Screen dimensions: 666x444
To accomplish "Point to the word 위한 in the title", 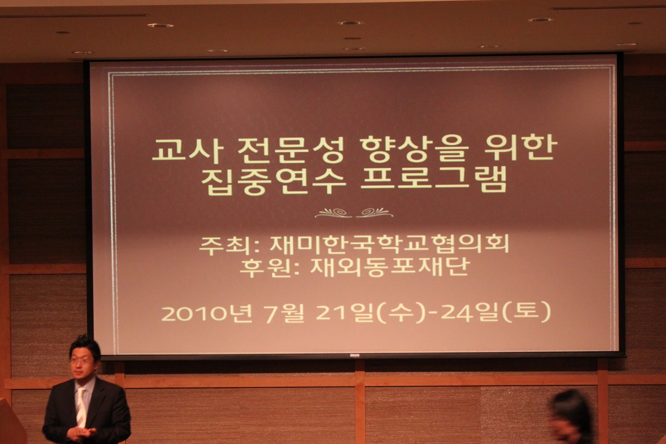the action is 521,149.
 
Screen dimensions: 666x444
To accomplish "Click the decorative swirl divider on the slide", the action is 354,213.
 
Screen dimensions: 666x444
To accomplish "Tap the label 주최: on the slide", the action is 229,246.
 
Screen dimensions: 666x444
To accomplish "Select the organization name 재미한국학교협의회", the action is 390,244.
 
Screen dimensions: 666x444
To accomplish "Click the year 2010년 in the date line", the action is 206,313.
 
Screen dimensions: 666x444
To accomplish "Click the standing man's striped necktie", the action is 80,407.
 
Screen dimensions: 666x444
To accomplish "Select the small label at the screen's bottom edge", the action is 354,355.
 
